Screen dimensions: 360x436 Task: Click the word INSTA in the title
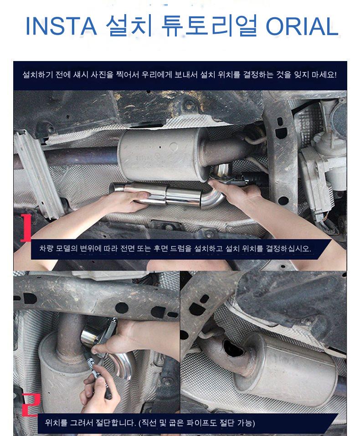(61, 26)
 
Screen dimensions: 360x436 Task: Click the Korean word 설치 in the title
(129, 26)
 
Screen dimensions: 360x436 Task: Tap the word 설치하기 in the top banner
(37, 75)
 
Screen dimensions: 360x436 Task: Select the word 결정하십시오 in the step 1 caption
(288, 248)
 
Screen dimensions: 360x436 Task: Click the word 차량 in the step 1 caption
(46, 248)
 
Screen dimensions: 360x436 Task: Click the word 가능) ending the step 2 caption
(246, 423)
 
